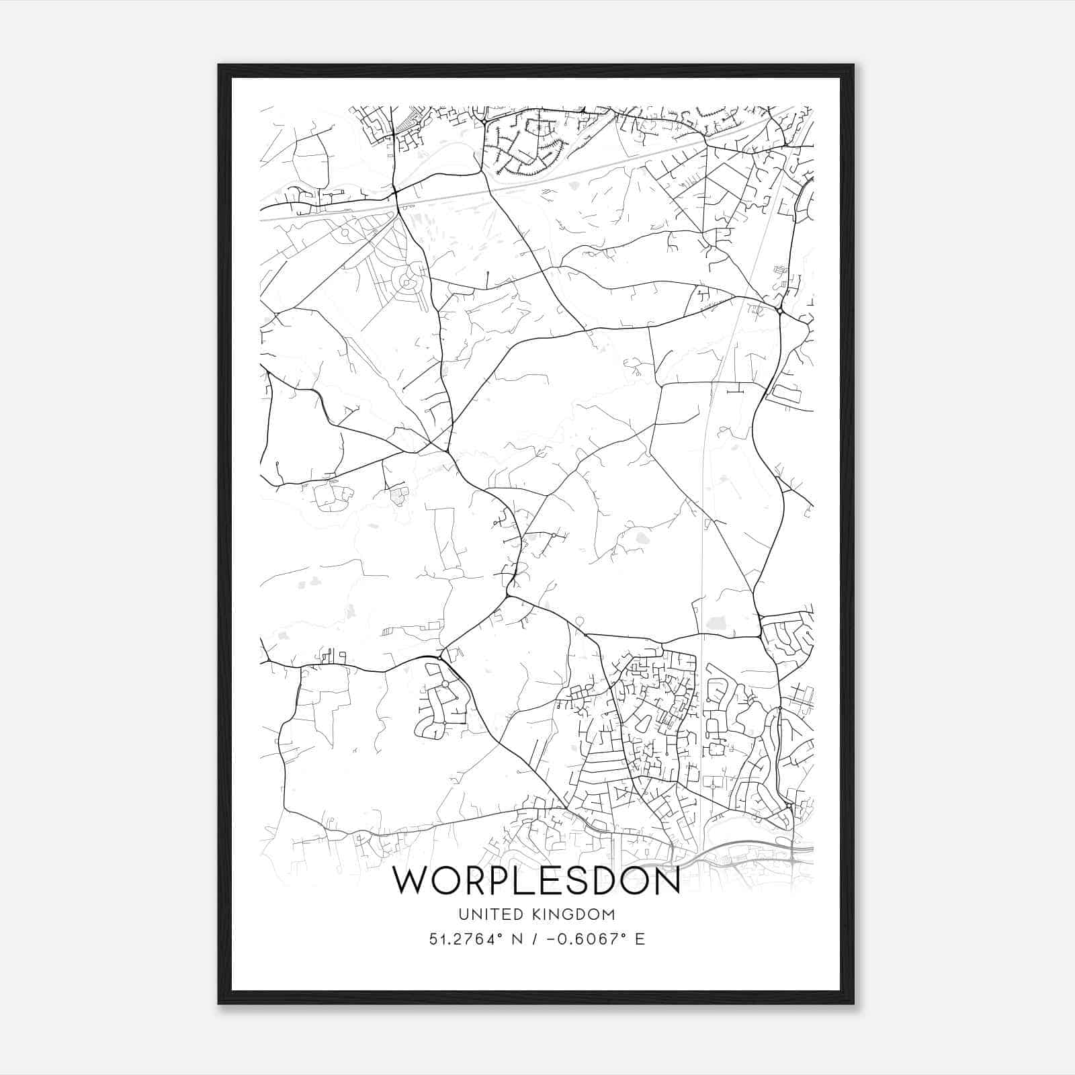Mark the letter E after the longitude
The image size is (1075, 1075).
[640, 939]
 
